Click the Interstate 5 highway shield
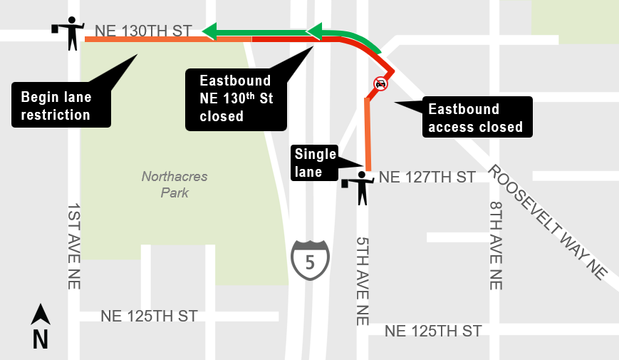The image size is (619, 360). coord(310,259)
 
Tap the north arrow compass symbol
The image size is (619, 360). coord(41,314)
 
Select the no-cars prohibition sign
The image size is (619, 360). coord(380,84)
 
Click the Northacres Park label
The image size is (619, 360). coord(165,184)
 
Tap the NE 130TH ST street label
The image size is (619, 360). coord(143,31)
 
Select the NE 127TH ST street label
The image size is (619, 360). coord(427,177)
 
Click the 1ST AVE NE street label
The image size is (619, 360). coord(74,246)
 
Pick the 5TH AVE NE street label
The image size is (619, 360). coord(362,281)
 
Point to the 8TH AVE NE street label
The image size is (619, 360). coord(496,245)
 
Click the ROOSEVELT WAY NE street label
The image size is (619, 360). coord(547,222)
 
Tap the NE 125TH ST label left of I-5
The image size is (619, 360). coord(149,316)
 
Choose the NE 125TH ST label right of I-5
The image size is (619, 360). coord(433,331)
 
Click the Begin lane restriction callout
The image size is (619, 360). coord(61,106)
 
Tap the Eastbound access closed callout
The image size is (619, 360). coord(475,118)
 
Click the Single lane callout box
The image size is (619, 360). coord(316,163)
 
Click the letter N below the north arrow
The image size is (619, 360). coord(41,340)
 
